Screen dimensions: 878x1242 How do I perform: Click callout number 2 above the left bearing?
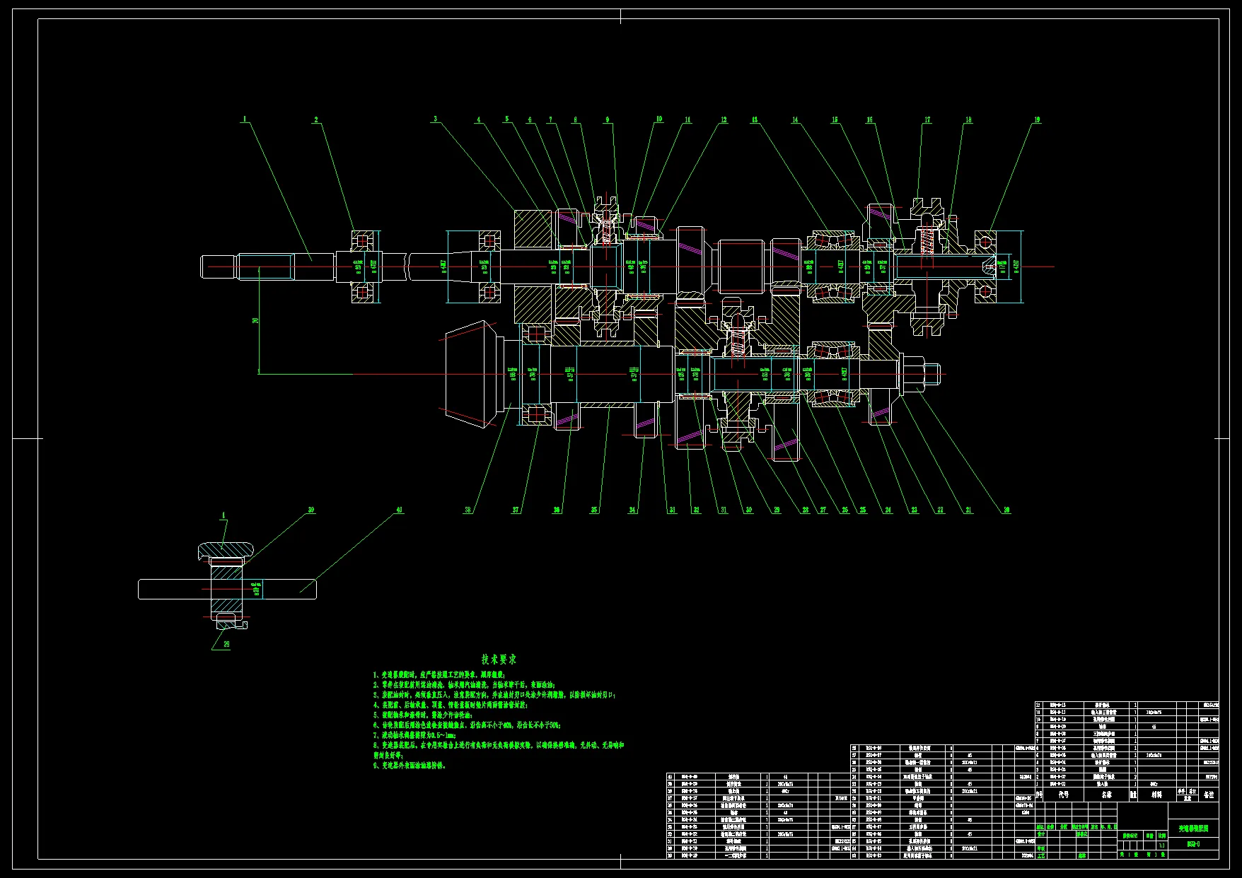[x=316, y=120]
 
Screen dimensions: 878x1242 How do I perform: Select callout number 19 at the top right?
[x=1037, y=120]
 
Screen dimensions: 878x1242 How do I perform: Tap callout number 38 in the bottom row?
[x=468, y=510]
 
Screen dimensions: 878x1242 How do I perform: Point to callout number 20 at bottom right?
[x=1006, y=510]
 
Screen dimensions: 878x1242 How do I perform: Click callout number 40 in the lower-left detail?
[x=399, y=510]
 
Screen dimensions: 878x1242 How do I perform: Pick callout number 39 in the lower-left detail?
[x=310, y=510]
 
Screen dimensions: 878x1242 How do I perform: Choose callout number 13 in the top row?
[x=755, y=120]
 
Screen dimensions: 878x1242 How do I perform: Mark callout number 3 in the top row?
[x=436, y=119]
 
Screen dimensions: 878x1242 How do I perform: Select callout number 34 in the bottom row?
[x=632, y=510]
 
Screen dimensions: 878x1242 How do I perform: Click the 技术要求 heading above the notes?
[x=499, y=659]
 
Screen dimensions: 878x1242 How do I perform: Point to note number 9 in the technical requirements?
[x=410, y=765]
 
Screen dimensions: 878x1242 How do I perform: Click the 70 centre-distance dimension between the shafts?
[x=255, y=320]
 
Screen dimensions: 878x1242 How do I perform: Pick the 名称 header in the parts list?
[x=1107, y=795]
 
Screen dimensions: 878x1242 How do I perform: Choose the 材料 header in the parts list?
[x=1156, y=795]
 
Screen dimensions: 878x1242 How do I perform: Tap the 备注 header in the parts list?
[x=1209, y=795]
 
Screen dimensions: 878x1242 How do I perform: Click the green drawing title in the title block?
[x=1193, y=828]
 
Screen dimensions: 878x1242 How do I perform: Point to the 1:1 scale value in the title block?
[x=1161, y=845]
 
